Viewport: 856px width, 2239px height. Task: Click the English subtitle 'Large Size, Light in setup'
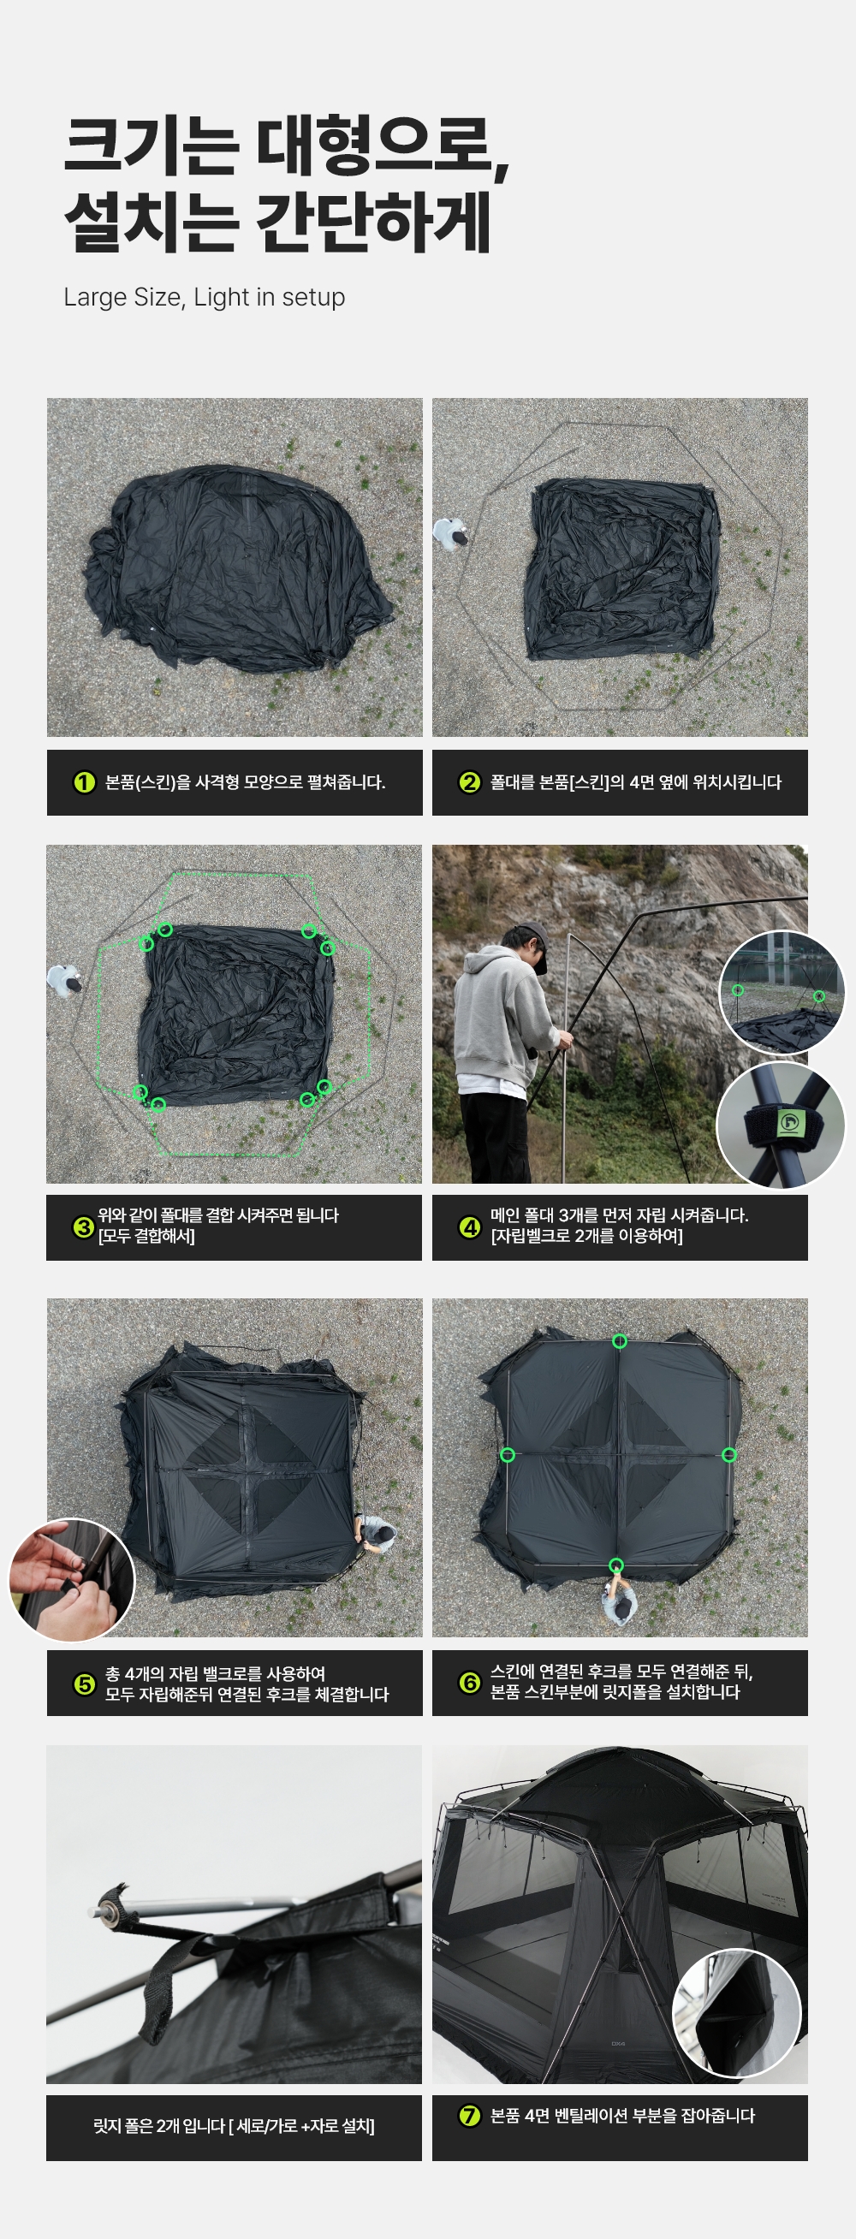click(x=205, y=297)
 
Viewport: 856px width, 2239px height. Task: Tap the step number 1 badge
click(x=84, y=782)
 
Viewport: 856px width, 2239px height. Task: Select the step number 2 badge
click(x=469, y=782)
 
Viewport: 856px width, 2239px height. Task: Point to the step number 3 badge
click(x=83, y=1227)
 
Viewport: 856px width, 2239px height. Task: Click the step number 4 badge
click(x=469, y=1227)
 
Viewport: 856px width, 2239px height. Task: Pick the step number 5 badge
click(x=84, y=1684)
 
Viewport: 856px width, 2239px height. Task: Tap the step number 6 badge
click(x=469, y=1683)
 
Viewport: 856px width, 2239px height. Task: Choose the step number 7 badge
click(x=469, y=2116)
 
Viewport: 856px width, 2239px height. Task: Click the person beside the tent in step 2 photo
click(x=452, y=534)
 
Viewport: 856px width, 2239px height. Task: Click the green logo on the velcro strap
click(x=789, y=1122)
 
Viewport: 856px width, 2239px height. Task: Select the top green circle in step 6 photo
click(x=620, y=1341)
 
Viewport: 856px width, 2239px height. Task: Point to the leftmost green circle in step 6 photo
click(x=508, y=1455)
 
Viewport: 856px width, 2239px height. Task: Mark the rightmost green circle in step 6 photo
click(x=729, y=1455)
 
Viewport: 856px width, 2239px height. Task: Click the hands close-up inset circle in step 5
click(x=72, y=1580)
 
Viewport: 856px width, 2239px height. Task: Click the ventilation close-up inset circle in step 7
click(x=737, y=2013)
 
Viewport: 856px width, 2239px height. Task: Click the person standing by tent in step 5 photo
click(x=377, y=1533)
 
